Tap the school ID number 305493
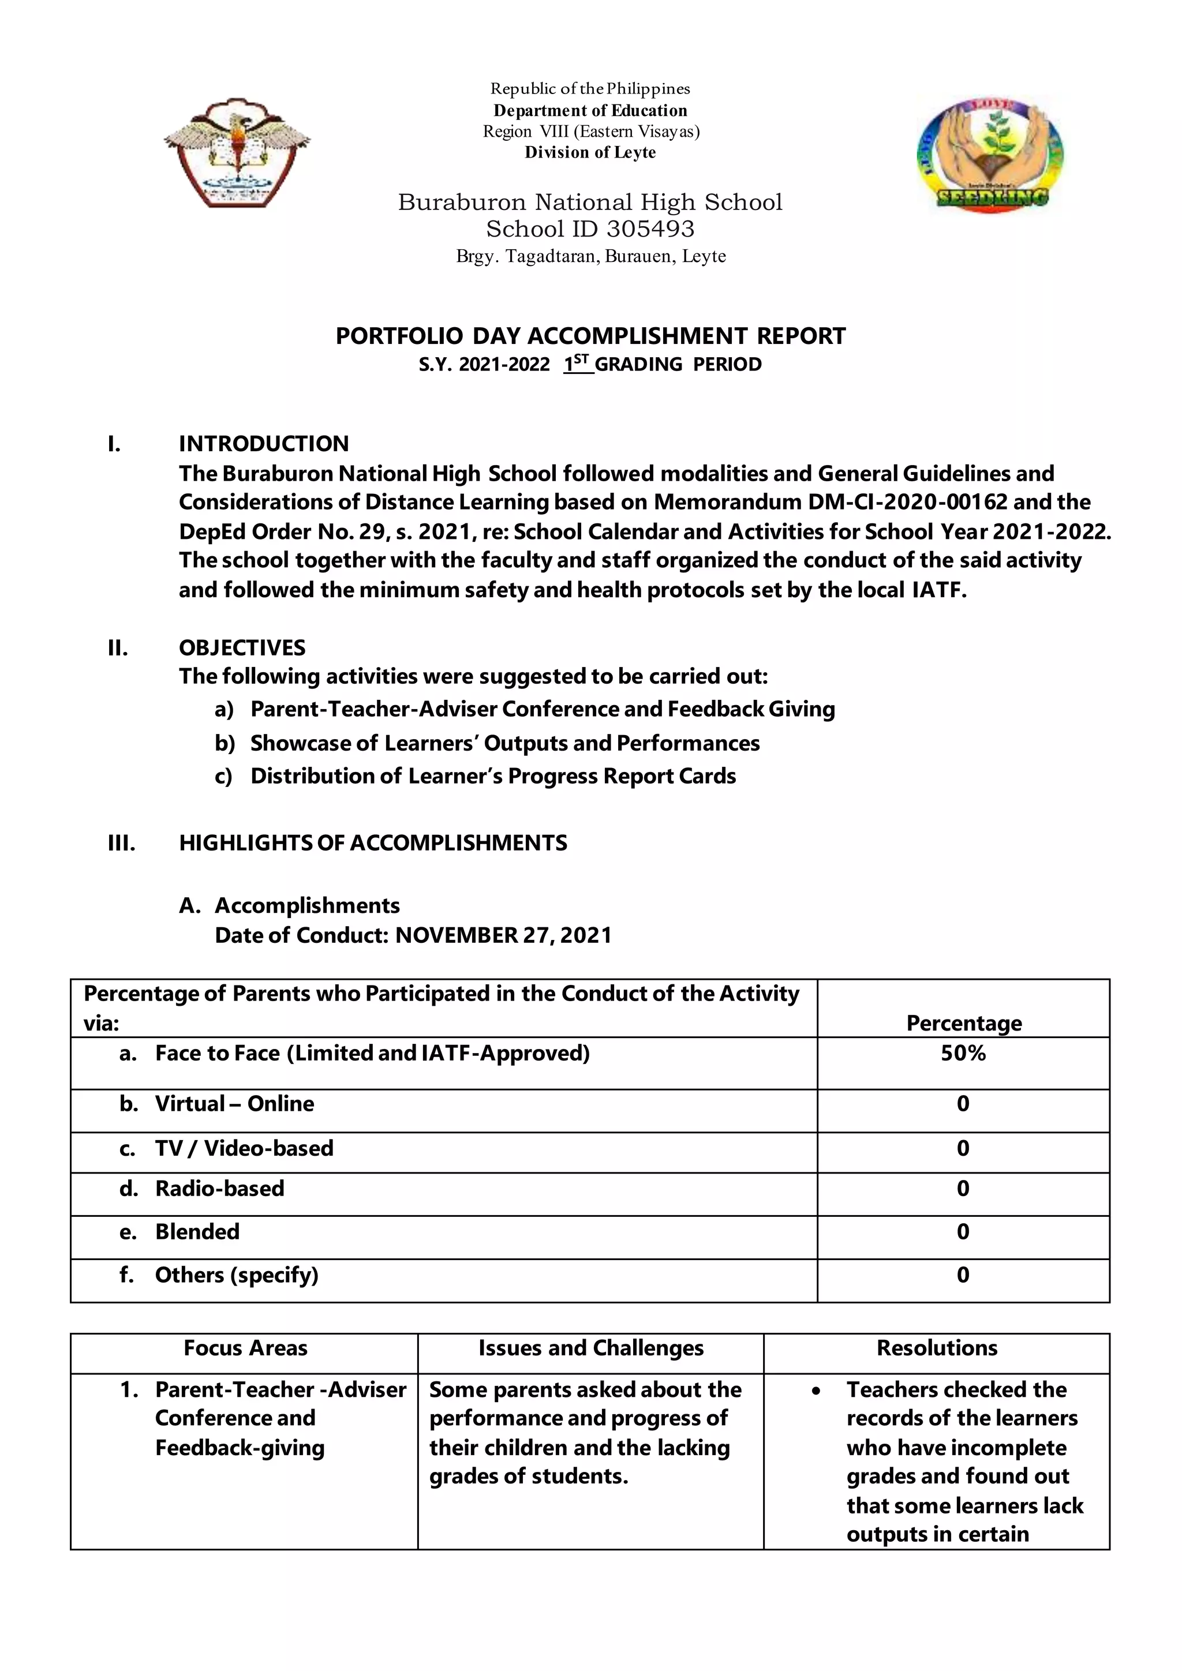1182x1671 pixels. pos(650,229)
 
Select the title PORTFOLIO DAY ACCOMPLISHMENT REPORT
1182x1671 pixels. pos(590,336)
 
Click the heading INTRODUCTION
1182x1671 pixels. pos(264,444)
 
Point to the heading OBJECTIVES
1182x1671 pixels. pos(242,648)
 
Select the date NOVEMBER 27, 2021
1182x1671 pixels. pos(503,935)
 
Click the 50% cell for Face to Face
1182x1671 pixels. pos(963,1053)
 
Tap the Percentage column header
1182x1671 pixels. pos(964,1023)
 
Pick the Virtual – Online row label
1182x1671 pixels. pos(234,1104)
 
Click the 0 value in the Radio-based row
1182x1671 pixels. pos(963,1189)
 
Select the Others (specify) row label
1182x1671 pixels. pos(237,1275)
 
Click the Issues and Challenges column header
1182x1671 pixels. pos(591,1348)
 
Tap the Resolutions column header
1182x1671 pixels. pos(937,1348)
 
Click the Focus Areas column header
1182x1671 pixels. pos(245,1348)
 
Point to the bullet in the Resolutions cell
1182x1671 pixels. pos(816,1391)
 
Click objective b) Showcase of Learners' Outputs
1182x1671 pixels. pos(504,743)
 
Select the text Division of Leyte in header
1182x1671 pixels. pos(590,153)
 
